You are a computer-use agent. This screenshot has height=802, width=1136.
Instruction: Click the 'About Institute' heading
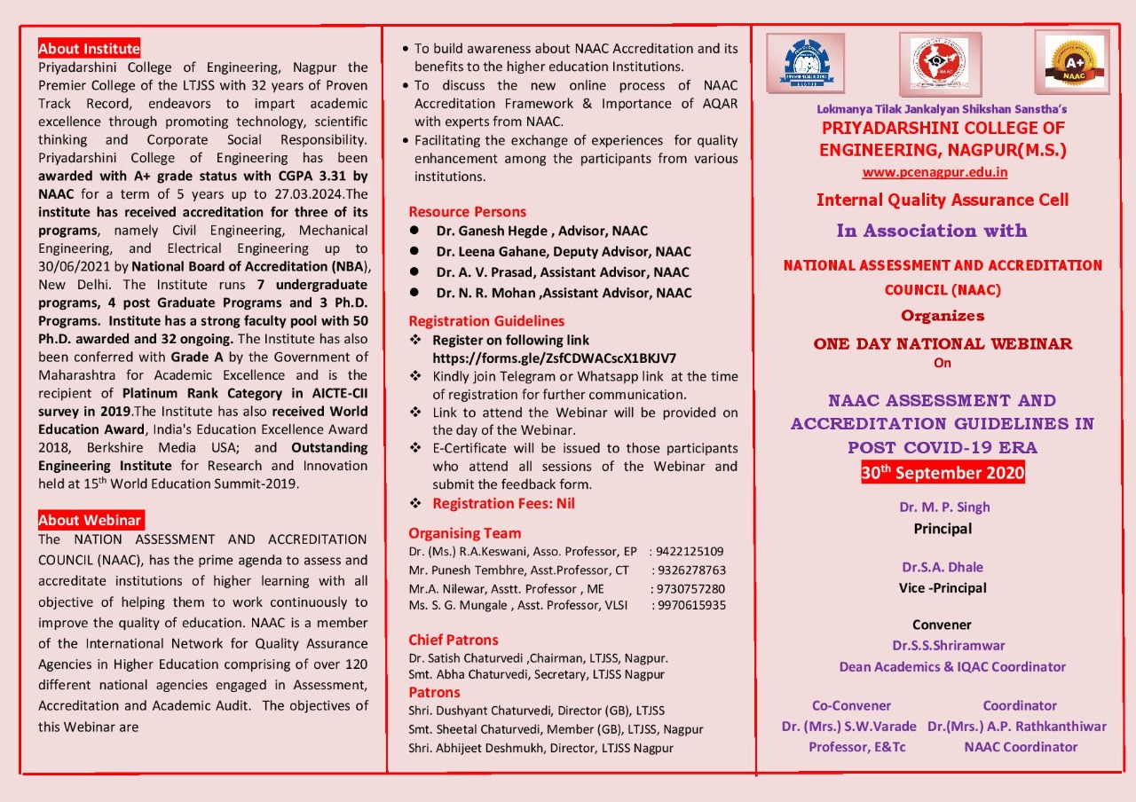pos(89,49)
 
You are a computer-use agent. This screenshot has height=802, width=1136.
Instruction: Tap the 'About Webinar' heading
pos(90,520)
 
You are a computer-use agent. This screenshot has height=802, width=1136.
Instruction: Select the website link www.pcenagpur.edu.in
pos(935,172)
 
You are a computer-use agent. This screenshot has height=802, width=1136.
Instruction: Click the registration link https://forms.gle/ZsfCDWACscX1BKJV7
pos(554,358)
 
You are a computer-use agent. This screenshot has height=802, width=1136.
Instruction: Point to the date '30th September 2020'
pos(943,473)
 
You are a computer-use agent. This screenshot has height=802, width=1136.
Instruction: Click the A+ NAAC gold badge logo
pos(1073,62)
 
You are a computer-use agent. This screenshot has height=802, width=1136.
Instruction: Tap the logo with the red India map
pos(940,64)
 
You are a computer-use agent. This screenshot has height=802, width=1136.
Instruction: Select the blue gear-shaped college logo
pos(806,63)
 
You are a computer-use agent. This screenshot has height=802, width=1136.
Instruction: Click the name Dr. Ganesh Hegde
pos(497,231)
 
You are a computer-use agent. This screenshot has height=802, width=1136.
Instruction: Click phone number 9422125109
pos(690,551)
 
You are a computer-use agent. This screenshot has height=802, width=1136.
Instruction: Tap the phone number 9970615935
pos(690,605)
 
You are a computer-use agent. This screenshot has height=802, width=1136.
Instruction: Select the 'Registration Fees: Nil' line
pos(503,503)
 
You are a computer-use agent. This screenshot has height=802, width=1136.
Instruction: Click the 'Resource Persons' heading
pos(467,211)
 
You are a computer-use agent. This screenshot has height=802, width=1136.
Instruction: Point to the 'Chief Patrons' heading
pos(453,640)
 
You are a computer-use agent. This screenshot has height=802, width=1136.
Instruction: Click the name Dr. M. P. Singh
pos(943,507)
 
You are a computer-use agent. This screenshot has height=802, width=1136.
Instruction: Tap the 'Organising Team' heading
pos(464,533)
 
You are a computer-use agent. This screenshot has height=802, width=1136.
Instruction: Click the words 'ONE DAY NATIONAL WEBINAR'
pos(943,344)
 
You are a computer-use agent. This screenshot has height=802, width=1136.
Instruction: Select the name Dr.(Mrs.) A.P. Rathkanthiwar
pos(1017,727)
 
